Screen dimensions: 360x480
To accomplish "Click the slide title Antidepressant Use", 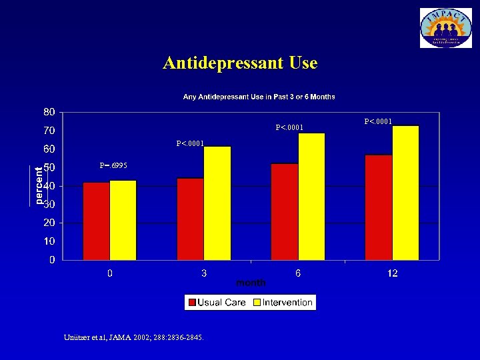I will (240, 63).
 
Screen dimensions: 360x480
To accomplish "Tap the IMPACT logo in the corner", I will (445, 28).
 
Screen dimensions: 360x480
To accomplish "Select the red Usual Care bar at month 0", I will (96, 221).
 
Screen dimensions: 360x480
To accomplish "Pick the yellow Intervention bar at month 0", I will (123, 220).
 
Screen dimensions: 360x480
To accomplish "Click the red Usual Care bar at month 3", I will (190, 219).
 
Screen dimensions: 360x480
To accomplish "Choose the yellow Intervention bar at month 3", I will (217, 203).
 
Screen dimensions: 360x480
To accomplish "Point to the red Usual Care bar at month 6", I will (285, 211).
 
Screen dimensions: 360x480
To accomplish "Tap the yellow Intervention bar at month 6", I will (312, 196).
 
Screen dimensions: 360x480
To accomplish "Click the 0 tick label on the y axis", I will (52, 260).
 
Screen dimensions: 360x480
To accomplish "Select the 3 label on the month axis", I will (204, 273).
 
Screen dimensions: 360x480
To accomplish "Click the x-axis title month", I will (251, 283).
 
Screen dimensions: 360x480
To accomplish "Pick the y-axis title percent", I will (39, 185).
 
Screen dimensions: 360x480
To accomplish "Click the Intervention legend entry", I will (282, 303).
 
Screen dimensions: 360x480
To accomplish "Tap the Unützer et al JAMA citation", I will (133, 337).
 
